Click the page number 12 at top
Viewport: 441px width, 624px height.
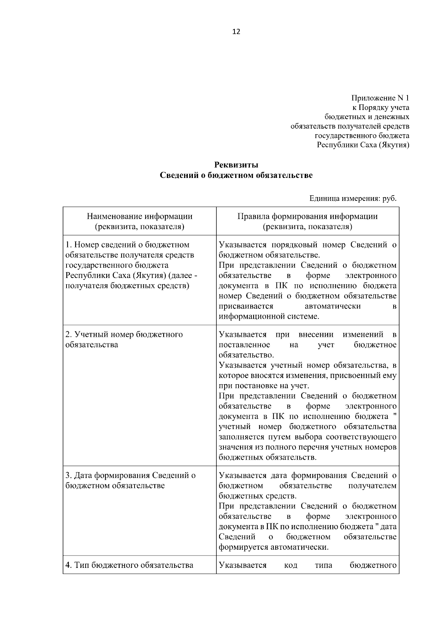click(236, 32)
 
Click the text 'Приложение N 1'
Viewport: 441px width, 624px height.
click(380, 98)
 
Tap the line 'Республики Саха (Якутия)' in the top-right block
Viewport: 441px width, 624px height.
click(363, 145)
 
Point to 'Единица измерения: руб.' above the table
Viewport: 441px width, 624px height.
click(353, 199)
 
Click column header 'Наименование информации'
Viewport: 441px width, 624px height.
click(140, 217)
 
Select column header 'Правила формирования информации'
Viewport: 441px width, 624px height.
click(307, 217)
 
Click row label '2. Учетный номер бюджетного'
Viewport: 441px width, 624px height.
click(124, 335)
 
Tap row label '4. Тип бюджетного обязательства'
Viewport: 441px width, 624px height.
click(129, 565)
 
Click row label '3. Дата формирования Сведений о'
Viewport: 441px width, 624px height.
click(130, 475)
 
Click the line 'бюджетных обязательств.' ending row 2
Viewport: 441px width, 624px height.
click(268, 458)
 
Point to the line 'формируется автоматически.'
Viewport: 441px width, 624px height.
click(273, 547)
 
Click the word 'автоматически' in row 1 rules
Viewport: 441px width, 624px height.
click(333, 306)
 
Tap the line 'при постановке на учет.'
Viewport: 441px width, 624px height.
click(264, 386)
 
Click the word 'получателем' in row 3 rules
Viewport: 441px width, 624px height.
click(372, 486)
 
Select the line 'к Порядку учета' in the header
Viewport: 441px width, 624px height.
click(381, 108)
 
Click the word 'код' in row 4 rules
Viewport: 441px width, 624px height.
click(291, 565)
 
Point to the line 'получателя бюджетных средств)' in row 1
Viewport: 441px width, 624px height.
click(127, 286)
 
